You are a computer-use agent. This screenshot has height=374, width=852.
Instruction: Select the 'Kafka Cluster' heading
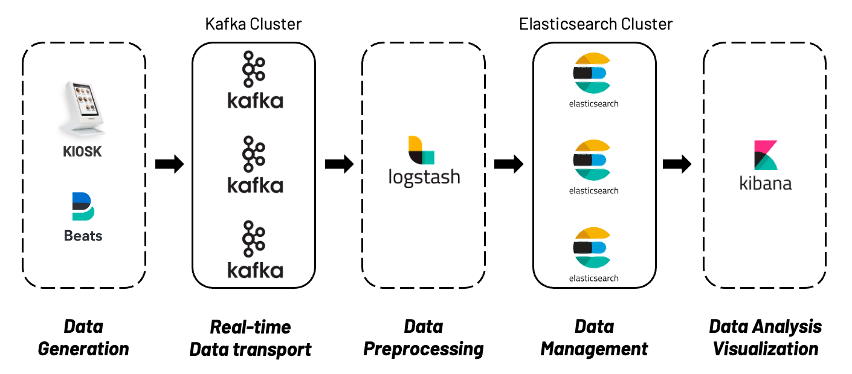click(x=253, y=24)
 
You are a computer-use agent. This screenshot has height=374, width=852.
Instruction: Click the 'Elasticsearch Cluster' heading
click(x=595, y=24)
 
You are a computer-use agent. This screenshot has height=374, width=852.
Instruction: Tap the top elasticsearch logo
click(x=593, y=74)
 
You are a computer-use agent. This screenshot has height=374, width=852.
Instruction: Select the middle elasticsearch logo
click(x=593, y=160)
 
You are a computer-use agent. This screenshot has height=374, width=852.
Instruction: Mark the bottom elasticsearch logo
click(x=593, y=248)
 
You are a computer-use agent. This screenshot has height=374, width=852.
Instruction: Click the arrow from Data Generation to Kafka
click(x=169, y=164)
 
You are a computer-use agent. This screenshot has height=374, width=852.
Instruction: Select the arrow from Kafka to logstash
click(x=339, y=164)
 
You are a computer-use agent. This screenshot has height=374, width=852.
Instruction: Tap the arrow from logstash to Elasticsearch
click(x=509, y=164)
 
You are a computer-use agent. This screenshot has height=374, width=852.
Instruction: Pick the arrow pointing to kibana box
click(x=677, y=164)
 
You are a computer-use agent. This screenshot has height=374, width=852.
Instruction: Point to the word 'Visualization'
click(x=765, y=349)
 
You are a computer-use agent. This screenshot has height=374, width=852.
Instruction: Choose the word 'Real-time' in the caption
click(x=250, y=327)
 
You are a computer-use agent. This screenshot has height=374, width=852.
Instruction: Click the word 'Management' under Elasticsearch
click(x=594, y=349)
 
